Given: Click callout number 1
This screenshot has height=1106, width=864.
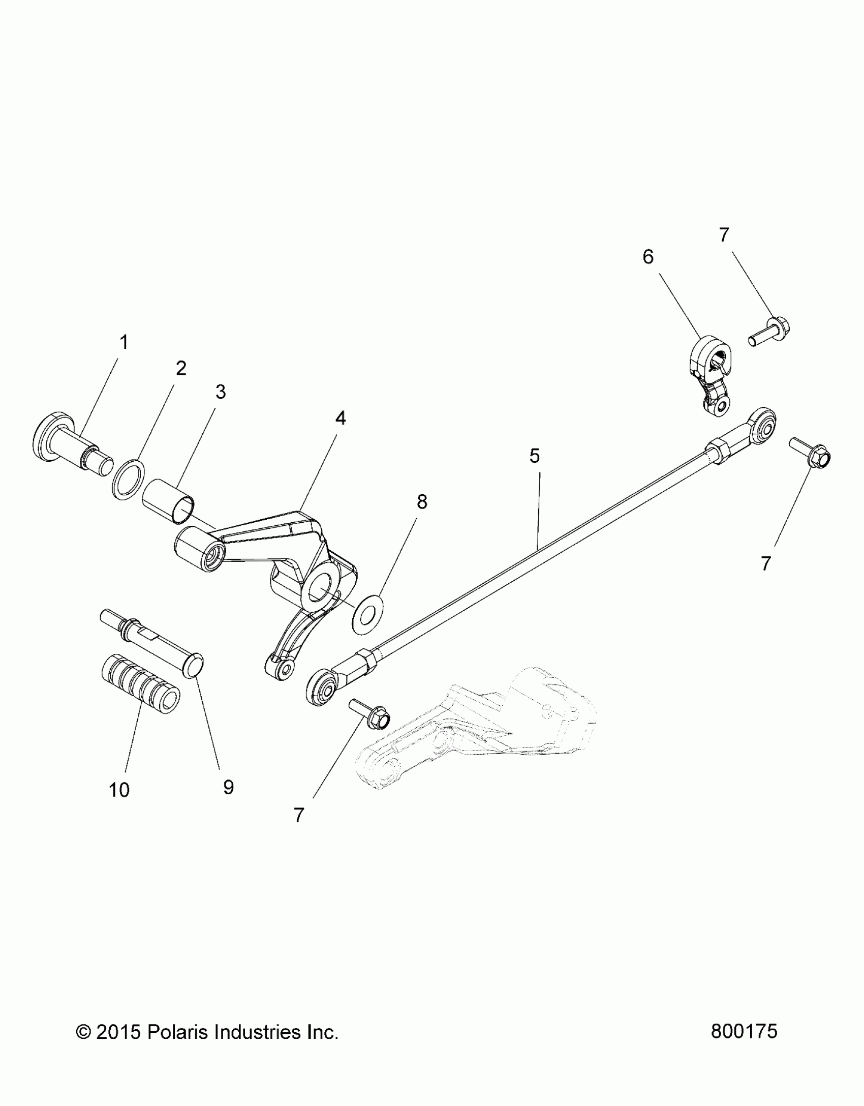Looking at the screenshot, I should pyautogui.click(x=124, y=343).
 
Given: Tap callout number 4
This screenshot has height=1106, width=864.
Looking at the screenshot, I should pyautogui.click(x=340, y=418).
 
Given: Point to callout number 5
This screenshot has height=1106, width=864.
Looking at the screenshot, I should pyautogui.click(x=534, y=456).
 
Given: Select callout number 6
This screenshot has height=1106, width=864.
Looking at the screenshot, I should pyautogui.click(x=648, y=257).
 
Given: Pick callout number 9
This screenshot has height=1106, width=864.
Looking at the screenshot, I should pyautogui.click(x=228, y=787).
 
